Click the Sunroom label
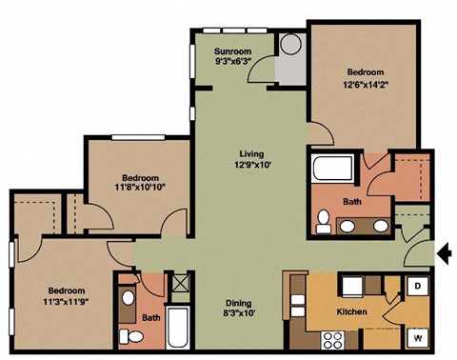click(x=231, y=53)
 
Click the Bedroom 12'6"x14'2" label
click(x=365, y=78)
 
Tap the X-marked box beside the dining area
click(x=178, y=283)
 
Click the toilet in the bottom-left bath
click(x=134, y=337)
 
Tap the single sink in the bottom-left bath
click(x=129, y=297)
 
